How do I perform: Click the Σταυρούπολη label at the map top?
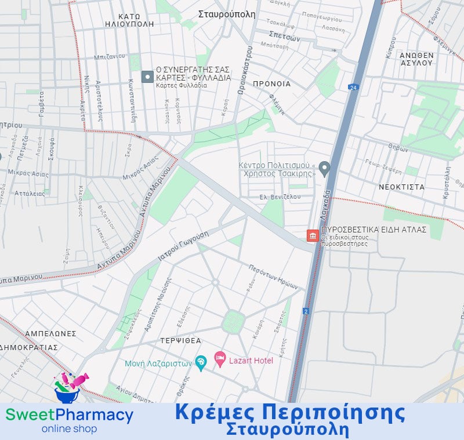[226, 14]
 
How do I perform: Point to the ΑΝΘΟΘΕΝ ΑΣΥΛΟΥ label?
[416, 59]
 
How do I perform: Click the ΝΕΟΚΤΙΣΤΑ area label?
[401, 187]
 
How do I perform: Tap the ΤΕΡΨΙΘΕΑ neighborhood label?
[182, 341]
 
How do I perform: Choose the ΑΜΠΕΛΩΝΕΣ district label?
[50, 334]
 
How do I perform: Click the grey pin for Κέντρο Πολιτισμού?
[325, 169]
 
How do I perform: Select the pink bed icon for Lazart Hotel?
[220, 360]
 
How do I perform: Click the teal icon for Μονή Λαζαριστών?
[201, 363]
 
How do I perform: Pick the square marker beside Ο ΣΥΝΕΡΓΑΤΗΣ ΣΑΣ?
[147, 77]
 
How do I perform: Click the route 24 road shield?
[353, 87]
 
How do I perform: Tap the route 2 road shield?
[306, 311]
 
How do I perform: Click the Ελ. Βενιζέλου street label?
[280, 197]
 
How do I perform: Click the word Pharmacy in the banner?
[95, 415]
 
